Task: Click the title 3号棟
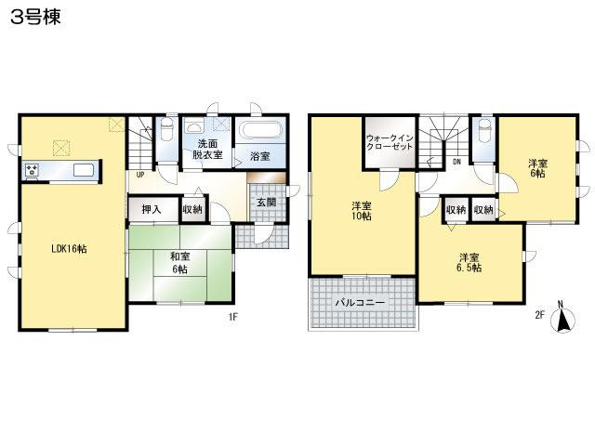coord(35,18)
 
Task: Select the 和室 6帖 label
coord(179,263)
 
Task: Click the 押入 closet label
coord(151,211)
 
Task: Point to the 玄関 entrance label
coord(266,203)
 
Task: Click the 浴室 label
coord(259,156)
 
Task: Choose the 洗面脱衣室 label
coord(207,150)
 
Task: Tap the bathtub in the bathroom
coord(265,131)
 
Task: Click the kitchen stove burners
coord(33,170)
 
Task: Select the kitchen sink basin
coord(82,170)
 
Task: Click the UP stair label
coord(140,174)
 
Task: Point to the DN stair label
coord(456,162)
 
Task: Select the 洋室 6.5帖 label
coord(468,262)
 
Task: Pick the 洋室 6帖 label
coord(537,167)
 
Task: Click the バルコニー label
coord(360,303)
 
